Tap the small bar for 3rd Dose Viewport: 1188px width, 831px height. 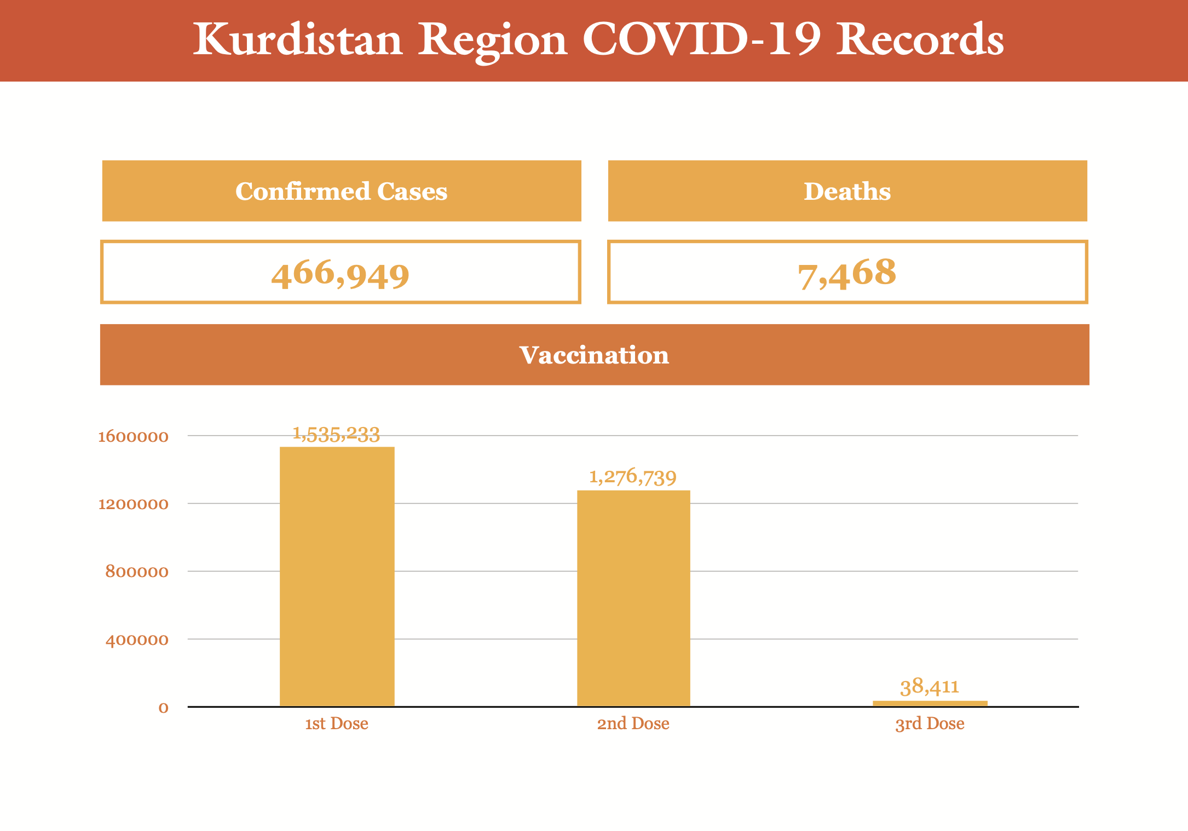click(x=930, y=703)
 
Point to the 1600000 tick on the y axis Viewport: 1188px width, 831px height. click(x=133, y=436)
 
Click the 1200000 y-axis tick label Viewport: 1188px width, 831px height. click(x=133, y=504)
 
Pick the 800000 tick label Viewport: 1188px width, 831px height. click(x=136, y=572)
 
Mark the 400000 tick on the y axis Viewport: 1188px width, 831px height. click(x=136, y=639)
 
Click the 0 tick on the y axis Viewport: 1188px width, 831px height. click(x=163, y=708)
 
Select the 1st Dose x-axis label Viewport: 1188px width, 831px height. click(x=336, y=724)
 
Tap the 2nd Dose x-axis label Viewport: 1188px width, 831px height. click(x=633, y=724)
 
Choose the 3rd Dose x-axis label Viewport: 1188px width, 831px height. click(x=930, y=724)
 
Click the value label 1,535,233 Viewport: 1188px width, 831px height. click(x=336, y=434)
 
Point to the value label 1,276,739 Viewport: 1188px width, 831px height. click(x=632, y=477)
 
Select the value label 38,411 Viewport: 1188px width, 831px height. click(x=930, y=686)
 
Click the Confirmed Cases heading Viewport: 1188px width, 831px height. click(x=341, y=191)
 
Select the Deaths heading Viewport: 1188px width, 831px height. click(x=847, y=191)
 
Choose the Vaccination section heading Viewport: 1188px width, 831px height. click(x=594, y=355)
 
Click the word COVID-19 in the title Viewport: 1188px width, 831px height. click(x=701, y=39)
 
